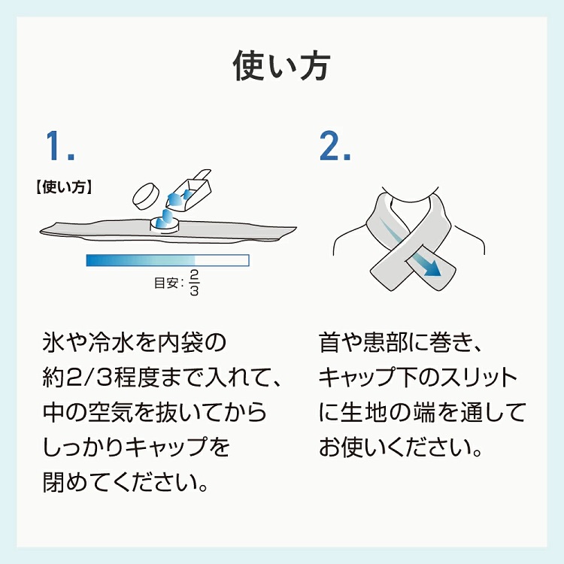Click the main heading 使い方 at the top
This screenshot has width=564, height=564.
pyautogui.click(x=281, y=66)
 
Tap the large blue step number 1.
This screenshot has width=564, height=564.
pyautogui.click(x=60, y=146)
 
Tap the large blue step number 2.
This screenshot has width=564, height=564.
pyautogui.click(x=335, y=146)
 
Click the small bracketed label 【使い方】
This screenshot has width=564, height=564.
pyautogui.click(x=62, y=186)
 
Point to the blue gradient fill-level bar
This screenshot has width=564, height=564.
pyautogui.click(x=167, y=260)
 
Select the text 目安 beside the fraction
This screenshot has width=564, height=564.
pyautogui.click(x=167, y=284)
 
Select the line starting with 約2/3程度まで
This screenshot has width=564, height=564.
pyautogui.click(x=162, y=378)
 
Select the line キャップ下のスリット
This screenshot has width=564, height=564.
pyautogui.click(x=418, y=378)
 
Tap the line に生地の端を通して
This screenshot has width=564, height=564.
pyautogui.click(x=421, y=413)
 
